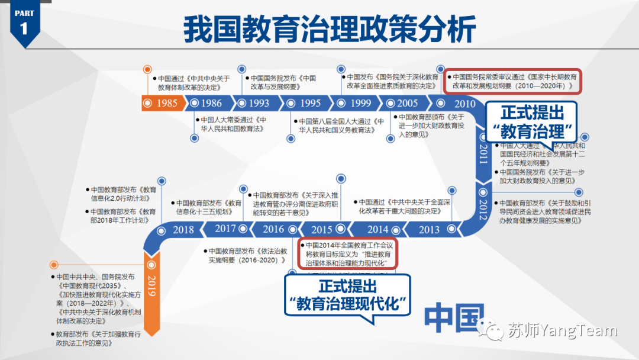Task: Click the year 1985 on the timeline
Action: [166, 103]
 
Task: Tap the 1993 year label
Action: [258, 103]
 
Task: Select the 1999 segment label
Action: [361, 103]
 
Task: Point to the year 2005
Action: [408, 103]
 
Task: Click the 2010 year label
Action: [464, 104]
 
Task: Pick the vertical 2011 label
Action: [483, 153]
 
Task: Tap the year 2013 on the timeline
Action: [430, 230]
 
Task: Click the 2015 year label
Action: [322, 230]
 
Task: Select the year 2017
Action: [225, 229]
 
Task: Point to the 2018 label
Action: [183, 230]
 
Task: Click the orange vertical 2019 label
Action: [151, 287]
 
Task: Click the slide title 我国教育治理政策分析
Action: [330, 28]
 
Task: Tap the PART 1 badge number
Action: [24, 30]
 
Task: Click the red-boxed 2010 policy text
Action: [514, 81]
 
